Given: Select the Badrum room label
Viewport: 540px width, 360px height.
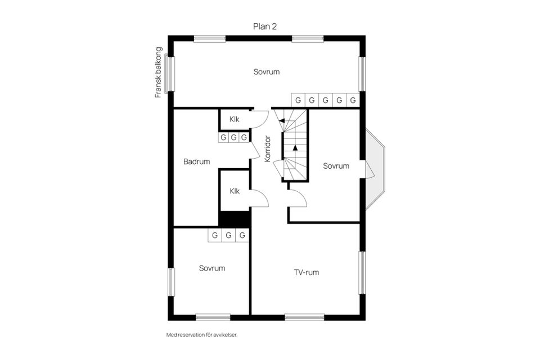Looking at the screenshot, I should (196, 162).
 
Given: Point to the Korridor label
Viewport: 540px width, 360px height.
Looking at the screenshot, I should (268, 149).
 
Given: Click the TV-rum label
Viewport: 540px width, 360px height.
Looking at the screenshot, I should (307, 273).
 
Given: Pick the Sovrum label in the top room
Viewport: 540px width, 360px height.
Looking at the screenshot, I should (266, 72).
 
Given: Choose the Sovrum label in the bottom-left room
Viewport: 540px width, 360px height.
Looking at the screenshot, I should (212, 268).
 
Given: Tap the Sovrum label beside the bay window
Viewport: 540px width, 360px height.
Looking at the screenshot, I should (336, 166).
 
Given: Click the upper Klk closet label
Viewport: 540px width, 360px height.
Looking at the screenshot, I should (235, 119).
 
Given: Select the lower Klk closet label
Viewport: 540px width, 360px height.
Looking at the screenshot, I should (235, 191).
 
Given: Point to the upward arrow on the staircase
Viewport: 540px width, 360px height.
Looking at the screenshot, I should (295, 148).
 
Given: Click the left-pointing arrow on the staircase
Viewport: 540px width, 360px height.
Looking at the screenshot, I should (281, 121).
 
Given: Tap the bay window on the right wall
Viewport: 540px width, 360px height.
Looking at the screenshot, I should (375, 169).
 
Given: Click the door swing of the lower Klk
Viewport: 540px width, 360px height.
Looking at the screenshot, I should (259, 197).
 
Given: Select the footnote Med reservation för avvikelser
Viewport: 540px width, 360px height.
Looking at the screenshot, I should (202, 335).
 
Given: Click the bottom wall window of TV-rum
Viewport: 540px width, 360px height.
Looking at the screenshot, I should (304, 317).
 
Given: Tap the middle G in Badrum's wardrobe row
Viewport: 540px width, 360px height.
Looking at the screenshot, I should (233, 137).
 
